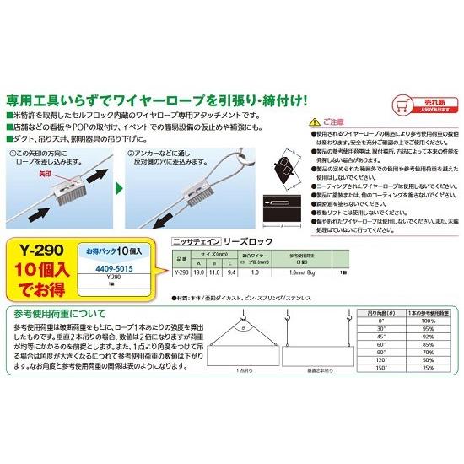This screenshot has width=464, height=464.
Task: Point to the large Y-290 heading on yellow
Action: coord(40,250)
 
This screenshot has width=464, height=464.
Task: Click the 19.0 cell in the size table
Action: coord(198,272)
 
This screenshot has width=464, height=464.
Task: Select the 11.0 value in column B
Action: coord(215,272)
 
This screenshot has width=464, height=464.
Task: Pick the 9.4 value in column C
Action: coord(232,272)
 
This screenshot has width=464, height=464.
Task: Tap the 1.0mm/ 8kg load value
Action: coord(301,272)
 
